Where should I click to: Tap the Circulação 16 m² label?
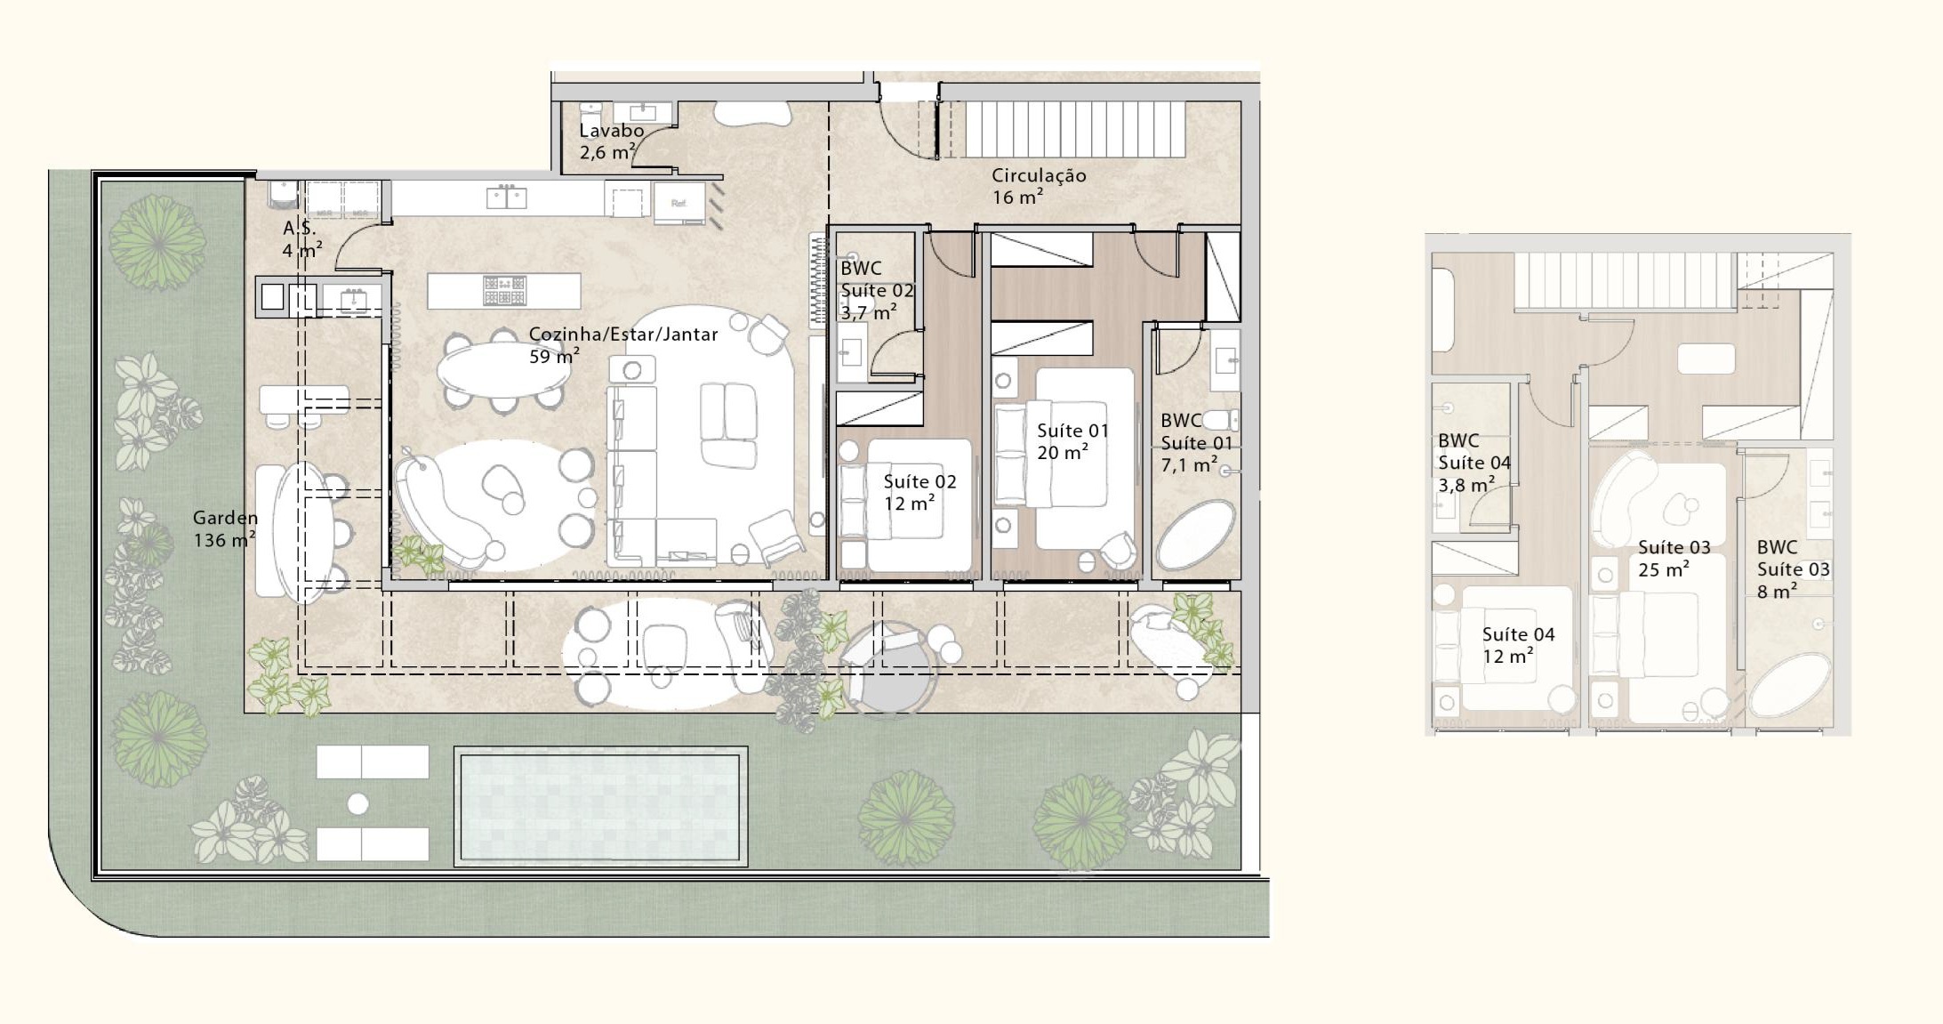pos(1039,186)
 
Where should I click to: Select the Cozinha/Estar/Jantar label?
pos(623,335)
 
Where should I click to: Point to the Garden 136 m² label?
pos(225,528)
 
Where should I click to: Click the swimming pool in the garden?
pos(600,806)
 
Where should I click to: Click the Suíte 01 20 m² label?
pos(1072,441)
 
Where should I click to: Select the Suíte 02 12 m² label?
pos(919,492)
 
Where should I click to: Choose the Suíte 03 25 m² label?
pos(1674,558)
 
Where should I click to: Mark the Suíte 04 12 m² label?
pos(1518,645)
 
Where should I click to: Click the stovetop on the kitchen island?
pos(504,290)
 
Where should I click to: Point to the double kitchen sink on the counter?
pos(506,197)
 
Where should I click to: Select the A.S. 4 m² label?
pos(302,238)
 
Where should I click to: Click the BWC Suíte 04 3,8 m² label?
pos(1473,463)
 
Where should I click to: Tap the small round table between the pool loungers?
pos(357,804)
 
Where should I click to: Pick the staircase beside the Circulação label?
pos(1076,130)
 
